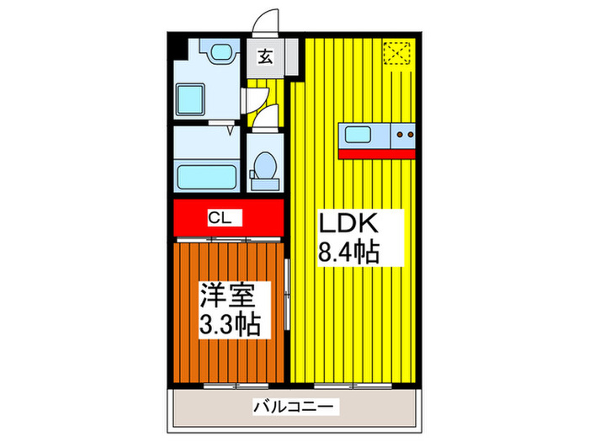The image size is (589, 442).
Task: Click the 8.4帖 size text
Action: pyautogui.click(x=347, y=252)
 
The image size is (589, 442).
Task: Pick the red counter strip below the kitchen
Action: pyautogui.click(x=377, y=153)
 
